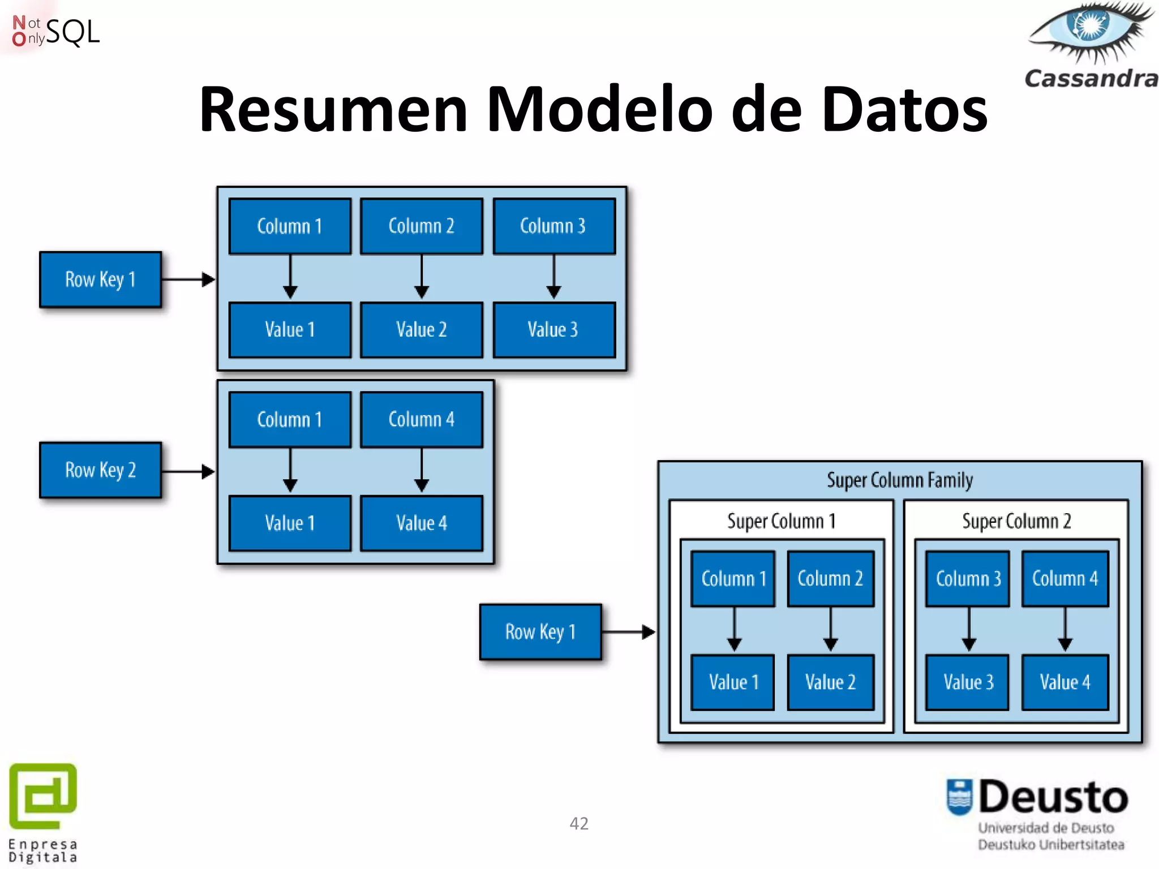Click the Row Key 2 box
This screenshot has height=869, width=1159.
coord(101,470)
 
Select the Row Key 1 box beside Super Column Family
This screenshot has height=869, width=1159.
coord(540,631)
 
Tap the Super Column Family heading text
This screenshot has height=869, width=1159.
coord(899,480)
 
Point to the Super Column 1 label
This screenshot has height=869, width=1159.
coord(781,521)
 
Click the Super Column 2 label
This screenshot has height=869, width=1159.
coord(1016,521)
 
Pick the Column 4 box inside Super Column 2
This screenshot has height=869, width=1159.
coord(1064,579)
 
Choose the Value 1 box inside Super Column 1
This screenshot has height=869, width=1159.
coord(733,682)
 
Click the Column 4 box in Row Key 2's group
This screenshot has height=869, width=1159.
coord(421,420)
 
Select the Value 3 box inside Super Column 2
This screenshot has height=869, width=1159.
coord(968,682)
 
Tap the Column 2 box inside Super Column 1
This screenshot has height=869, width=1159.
coord(830,579)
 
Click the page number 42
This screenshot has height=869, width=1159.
coord(579,823)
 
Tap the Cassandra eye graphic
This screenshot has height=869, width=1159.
coord(1089,31)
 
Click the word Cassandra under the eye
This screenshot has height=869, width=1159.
coord(1091,79)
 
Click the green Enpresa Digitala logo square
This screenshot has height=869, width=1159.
coord(43,795)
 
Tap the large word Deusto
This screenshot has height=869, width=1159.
coord(1053,797)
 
